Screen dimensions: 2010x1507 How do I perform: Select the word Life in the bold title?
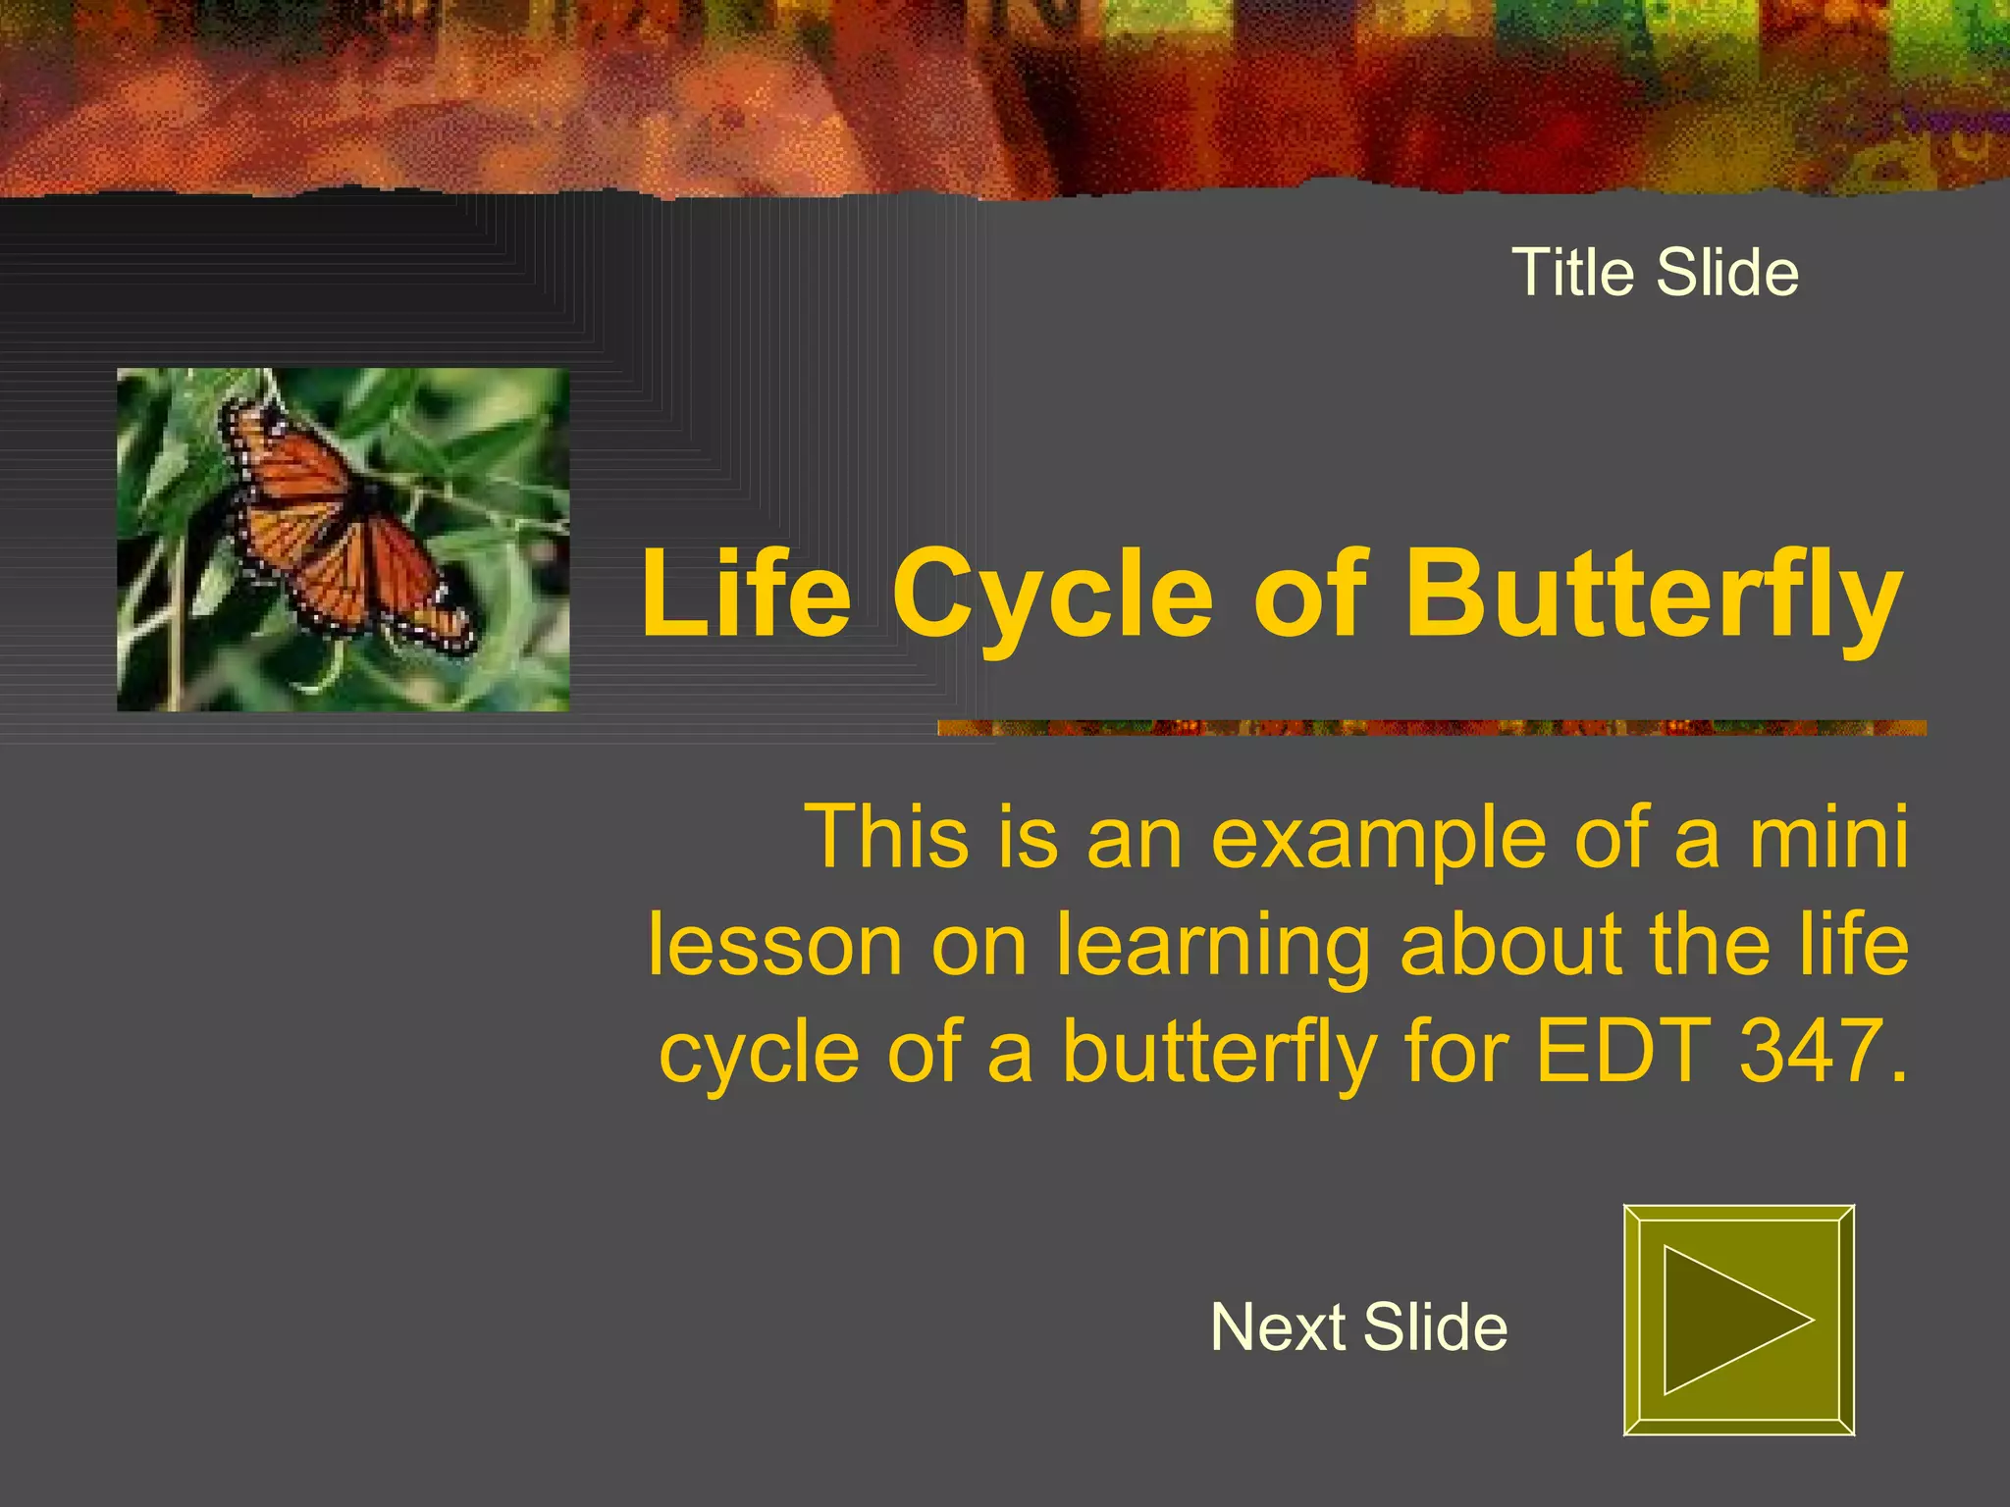(x=747, y=594)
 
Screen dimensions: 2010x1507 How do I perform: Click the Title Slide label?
(x=1655, y=272)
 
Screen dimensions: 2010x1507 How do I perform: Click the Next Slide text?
(x=1359, y=1326)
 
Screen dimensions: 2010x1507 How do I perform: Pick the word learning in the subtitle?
(x=1213, y=948)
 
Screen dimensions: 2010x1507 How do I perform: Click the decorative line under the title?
(x=1432, y=727)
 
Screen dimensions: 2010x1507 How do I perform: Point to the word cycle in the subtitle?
(x=760, y=1056)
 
